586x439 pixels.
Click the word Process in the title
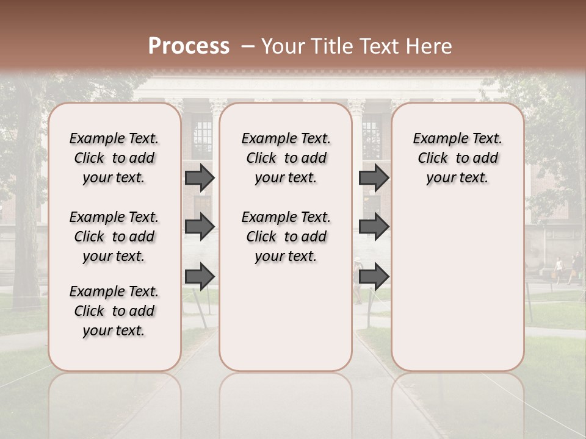coord(189,46)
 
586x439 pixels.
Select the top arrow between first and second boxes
coord(200,177)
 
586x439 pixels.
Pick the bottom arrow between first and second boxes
coord(200,276)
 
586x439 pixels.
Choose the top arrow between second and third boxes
coord(374,177)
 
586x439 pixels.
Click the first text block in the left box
coord(114,158)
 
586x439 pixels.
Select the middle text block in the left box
coord(114,237)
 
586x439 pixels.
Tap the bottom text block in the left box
coord(114,311)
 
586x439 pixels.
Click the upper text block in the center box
coord(286,158)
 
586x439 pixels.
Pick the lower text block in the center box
coord(286,237)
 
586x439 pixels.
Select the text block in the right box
coord(457,158)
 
